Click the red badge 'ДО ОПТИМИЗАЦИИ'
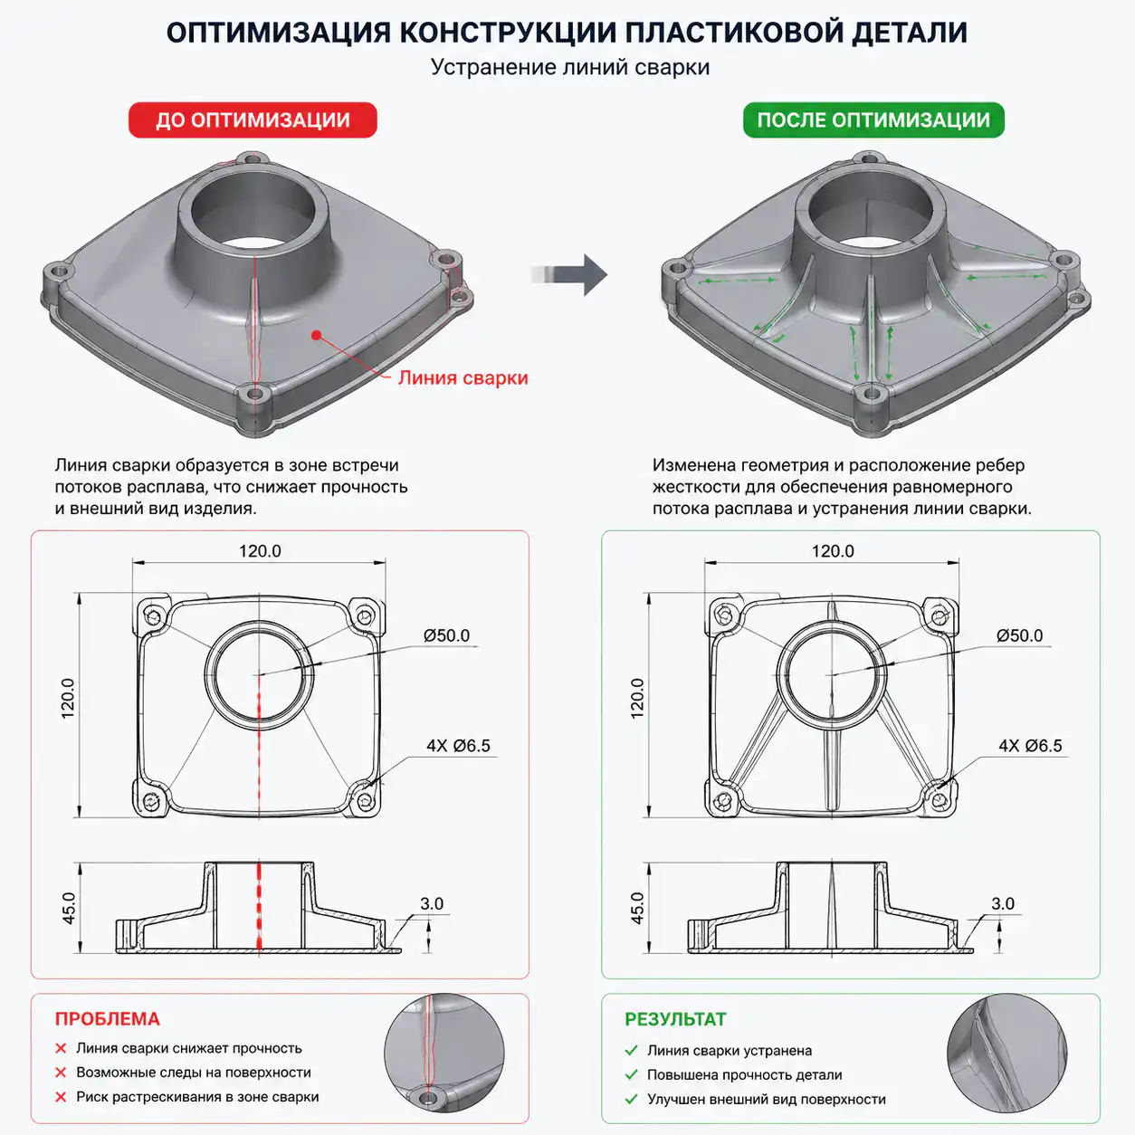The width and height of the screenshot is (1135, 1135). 253,120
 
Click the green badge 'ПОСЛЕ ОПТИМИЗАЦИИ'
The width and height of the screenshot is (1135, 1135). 873,120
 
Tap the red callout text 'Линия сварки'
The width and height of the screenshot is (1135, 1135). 463,377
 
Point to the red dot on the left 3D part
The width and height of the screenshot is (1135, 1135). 316,335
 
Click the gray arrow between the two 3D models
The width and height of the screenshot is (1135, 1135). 569,274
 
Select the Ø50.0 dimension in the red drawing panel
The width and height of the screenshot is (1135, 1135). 446,635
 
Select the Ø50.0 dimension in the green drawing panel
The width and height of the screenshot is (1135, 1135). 1019,635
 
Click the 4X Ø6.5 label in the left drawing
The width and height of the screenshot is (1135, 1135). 458,746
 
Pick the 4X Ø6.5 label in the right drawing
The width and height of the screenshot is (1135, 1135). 1031,746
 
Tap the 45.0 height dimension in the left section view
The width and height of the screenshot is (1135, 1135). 69,908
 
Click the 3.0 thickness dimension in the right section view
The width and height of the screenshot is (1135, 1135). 1003,903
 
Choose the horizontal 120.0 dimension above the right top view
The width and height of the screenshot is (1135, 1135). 833,551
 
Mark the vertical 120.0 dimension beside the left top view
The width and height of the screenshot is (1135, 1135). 68,698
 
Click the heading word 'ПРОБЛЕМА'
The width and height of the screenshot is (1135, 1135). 107,1019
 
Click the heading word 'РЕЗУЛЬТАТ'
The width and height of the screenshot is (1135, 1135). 675,1019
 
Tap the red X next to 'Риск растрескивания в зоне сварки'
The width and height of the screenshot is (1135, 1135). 61,1097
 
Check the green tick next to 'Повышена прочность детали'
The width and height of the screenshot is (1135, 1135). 632,1074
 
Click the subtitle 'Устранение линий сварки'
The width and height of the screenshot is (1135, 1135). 570,67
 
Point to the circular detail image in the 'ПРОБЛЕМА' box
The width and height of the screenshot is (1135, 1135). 444,1053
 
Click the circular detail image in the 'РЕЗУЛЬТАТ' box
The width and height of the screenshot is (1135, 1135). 1007,1053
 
